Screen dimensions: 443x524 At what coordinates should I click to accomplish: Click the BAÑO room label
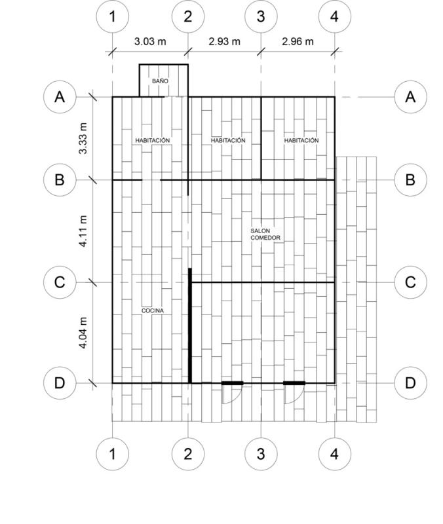coord(160,81)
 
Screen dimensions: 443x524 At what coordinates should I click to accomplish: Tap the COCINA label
coord(153,310)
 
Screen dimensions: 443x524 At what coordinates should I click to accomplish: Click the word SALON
coord(260,231)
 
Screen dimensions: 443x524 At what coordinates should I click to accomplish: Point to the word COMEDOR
coord(265,238)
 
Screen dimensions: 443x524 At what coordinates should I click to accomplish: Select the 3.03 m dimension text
coord(150,41)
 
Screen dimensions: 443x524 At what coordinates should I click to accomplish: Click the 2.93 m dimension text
coord(224,41)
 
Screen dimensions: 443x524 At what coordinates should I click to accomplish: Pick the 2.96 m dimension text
coord(298,41)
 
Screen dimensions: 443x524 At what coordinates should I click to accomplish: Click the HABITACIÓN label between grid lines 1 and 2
coord(153,140)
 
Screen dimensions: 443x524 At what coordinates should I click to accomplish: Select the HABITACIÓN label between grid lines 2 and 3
coord(228,140)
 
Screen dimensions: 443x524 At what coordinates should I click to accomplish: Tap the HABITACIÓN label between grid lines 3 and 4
coord(301,140)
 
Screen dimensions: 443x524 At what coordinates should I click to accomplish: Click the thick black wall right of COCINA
coord(190,326)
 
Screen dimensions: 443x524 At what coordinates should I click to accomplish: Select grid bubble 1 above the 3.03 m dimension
coord(112,16)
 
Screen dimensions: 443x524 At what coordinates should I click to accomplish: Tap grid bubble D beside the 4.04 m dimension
coord(60,383)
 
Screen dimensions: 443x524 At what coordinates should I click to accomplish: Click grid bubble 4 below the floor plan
coord(335,454)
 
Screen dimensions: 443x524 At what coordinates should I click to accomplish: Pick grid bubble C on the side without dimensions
coord(410,282)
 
